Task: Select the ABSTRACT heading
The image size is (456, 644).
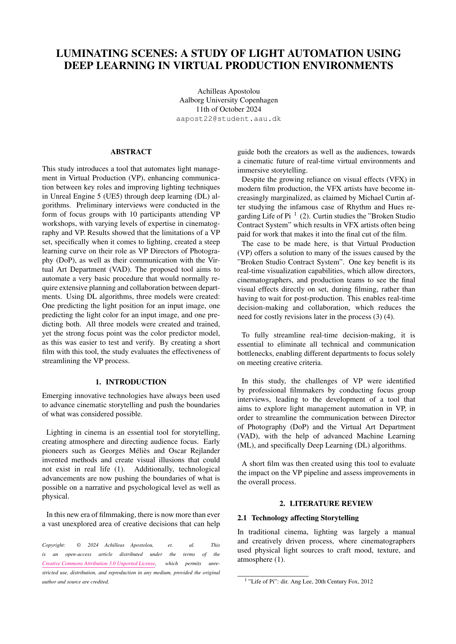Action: [131, 152]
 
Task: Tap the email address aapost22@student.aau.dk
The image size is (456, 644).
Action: [228, 119]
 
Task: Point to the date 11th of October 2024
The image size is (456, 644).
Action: [228, 109]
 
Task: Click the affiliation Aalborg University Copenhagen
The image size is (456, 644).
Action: [228, 100]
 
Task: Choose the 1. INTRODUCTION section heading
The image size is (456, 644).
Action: [131, 382]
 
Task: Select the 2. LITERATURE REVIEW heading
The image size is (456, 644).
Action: [326, 504]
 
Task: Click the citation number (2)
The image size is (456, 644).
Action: [305, 216]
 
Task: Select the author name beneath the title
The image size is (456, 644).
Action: [228, 91]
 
